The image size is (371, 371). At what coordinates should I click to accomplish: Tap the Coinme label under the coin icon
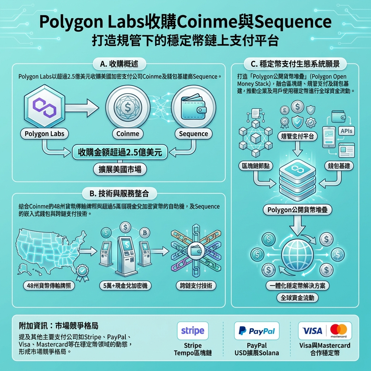pyautogui.click(x=128, y=134)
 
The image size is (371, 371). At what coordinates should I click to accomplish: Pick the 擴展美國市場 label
pyautogui.click(x=120, y=169)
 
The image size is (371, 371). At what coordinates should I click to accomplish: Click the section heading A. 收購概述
pyautogui.click(x=119, y=64)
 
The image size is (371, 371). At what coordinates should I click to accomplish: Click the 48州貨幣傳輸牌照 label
pyautogui.click(x=48, y=285)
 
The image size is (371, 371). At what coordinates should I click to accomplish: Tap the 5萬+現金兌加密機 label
pyautogui.click(x=125, y=285)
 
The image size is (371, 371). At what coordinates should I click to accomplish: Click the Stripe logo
pyautogui.click(x=193, y=330)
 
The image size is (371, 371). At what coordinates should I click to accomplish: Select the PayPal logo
pyautogui.click(x=257, y=330)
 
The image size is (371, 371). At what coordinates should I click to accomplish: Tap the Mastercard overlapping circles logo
pyautogui.click(x=339, y=330)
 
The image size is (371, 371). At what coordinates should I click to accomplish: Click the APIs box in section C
pyautogui.click(x=347, y=131)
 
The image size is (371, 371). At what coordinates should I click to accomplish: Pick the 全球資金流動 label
pyautogui.click(x=297, y=298)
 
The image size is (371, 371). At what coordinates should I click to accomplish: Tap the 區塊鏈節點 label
pyautogui.click(x=256, y=166)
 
